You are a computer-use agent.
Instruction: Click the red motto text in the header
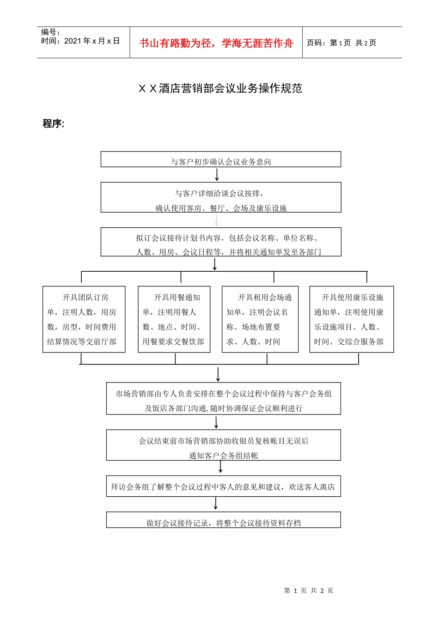pyautogui.click(x=216, y=43)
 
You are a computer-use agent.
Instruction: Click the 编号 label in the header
pyautogui.click(x=51, y=32)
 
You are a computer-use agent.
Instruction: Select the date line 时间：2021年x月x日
pyautogui.click(x=80, y=41)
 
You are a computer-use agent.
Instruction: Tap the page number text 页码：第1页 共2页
pyautogui.click(x=341, y=43)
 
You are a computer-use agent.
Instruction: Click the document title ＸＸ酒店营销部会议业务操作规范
pyautogui.click(x=220, y=88)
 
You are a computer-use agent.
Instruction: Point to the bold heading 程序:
pyautogui.click(x=54, y=123)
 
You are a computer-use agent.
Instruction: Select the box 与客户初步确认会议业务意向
pyautogui.click(x=221, y=159)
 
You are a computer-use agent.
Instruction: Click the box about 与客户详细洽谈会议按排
pyautogui.click(x=221, y=198)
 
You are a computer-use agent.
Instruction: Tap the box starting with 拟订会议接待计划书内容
pyautogui.click(x=221, y=242)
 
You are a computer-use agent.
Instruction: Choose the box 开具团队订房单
pyautogui.click(x=84, y=319)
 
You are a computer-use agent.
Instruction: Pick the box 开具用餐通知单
pyautogui.click(x=174, y=319)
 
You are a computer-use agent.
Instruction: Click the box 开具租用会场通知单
pyautogui.click(x=260, y=319)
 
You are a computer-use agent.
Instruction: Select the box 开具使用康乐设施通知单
pyautogui.click(x=352, y=319)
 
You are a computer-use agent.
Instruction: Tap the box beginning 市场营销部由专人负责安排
pyautogui.click(x=223, y=399)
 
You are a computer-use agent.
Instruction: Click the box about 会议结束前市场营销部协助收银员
pyautogui.click(x=223, y=445)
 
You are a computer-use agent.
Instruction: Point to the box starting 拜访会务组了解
pyautogui.click(x=223, y=487)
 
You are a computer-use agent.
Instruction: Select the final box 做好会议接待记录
pyautogui.click(x=223, y=520)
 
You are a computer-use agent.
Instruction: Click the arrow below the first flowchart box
pyautogui.click(x=217, y=175)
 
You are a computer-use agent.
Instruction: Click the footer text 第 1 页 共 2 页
pyautogui.click(x=308, y=591)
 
